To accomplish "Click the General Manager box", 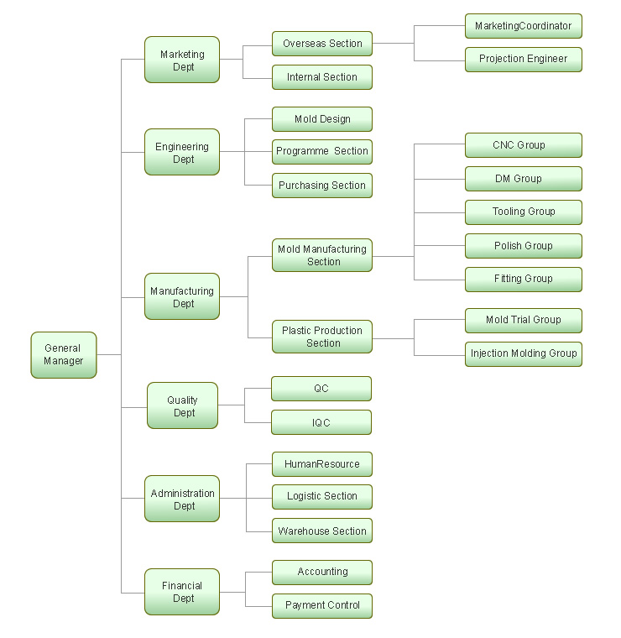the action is coord(64,355).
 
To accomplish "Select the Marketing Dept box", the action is coord(182,60).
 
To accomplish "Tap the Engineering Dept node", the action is coord(182,152).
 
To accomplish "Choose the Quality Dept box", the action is coord(183,405).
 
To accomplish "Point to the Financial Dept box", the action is coord(182,592).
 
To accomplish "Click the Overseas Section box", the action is coord(322,44).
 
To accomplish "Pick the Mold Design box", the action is coord(322,119).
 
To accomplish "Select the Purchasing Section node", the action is coord(322,186).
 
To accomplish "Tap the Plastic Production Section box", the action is coord(322,337).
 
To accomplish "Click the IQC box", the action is coord(321,422).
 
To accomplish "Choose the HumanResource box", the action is coord(322,464).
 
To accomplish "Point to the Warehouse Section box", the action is coord(322,531).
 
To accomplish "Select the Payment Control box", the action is coord(322,605).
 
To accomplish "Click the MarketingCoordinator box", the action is coord(524,26).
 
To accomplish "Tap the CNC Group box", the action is coord(524,145).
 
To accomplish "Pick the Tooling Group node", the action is coord(524,212).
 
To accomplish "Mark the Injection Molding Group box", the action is coord(524,354).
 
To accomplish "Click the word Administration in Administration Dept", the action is coord(183,493).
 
